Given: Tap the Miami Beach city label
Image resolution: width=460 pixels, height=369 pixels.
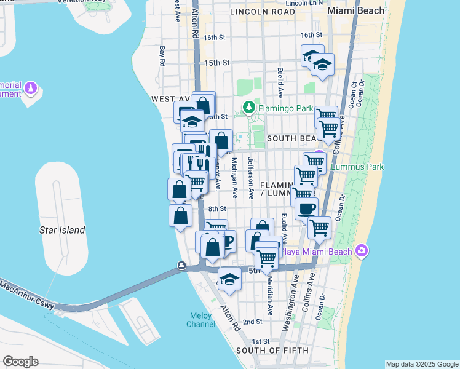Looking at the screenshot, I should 356,11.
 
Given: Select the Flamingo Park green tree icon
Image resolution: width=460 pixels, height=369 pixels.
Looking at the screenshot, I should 248,108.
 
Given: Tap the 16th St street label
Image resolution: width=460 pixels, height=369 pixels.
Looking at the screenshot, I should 215,37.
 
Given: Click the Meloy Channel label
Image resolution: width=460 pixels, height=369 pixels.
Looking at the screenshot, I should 201,320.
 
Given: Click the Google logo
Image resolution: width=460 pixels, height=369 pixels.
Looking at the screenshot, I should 20,362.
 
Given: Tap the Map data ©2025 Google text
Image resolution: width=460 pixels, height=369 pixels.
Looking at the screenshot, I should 421,364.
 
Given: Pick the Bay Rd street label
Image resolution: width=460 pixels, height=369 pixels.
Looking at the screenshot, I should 162,56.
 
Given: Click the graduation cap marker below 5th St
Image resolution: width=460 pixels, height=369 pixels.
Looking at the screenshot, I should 229,279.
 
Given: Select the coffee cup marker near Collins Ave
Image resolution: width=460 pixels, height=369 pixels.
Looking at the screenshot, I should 306,208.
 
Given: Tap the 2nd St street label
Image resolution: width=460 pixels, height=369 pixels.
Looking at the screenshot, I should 252,322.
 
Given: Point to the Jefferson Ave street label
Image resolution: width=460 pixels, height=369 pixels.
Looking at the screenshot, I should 251,178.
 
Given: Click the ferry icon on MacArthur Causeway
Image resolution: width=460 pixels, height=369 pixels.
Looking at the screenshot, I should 182,266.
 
